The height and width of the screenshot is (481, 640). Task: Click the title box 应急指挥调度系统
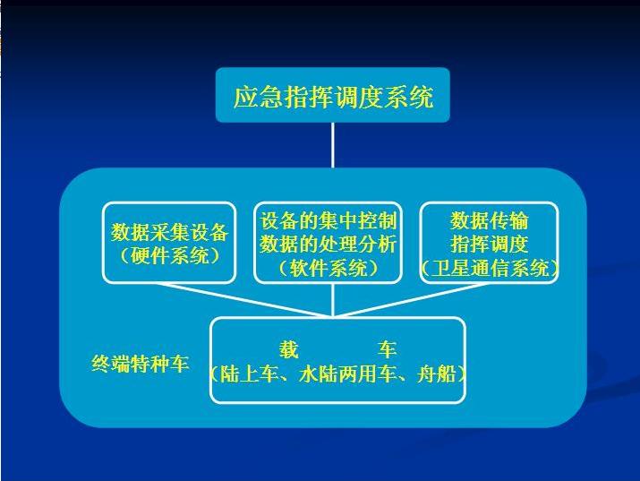[333, 95]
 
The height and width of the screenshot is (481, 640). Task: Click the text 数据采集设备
[169, 232]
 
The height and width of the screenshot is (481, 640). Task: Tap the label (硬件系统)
[169, 256]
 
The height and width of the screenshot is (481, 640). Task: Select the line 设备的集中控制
[329, 220]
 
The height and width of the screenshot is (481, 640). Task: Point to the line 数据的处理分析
[329, 245]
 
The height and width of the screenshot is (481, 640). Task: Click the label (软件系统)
[329, 268]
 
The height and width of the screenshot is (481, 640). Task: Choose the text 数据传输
[490, 220]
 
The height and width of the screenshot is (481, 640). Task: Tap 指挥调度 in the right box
[490, 245]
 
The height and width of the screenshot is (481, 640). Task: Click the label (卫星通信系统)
[490, 268]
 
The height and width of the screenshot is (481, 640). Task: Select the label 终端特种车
[140, 363]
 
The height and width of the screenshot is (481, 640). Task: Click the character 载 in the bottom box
[289, 350]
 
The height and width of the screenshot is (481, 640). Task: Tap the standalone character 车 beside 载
[387, 350]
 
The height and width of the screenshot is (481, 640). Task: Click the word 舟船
[436, 374]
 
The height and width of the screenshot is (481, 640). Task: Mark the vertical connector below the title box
[333, 145]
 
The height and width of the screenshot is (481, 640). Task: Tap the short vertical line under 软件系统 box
[333, 300]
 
